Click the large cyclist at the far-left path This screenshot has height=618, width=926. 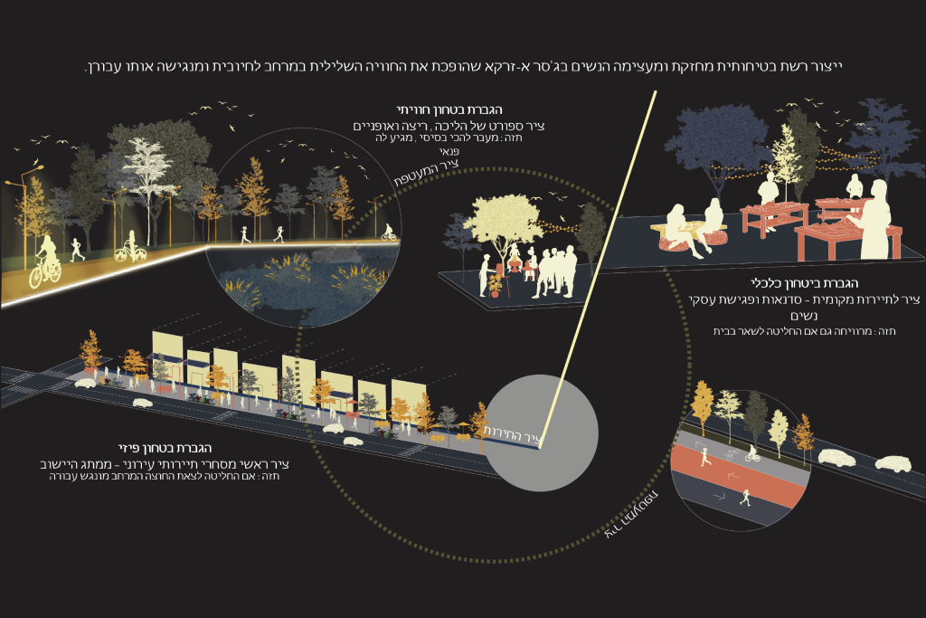click(x=46, y=262)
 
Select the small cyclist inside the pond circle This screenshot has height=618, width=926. click(x=389, y=232)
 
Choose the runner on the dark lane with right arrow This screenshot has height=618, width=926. click(x=745, y=497)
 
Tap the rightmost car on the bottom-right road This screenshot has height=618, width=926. click(x=893, y=463)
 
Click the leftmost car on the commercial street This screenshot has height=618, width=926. click(x=85, y=384)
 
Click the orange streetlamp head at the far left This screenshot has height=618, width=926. click(x=39, y=170)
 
